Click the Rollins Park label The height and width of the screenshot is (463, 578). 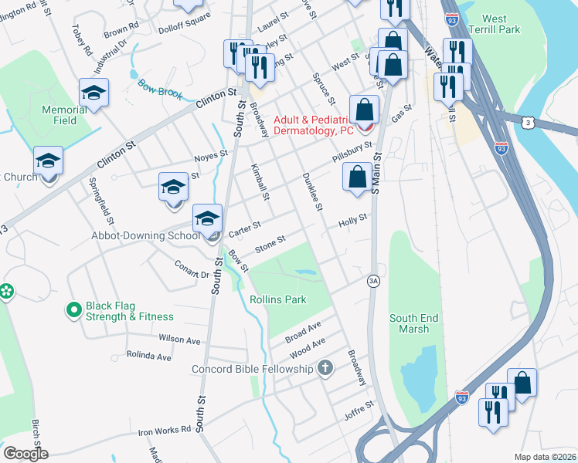[277, 299]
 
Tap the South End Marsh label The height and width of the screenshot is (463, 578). [414, 323]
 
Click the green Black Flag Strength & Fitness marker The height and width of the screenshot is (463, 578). [74, 310]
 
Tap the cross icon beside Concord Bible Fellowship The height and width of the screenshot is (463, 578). [325, 368]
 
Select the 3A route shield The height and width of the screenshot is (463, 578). [373, 282]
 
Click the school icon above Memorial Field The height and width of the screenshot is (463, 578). [93, 93]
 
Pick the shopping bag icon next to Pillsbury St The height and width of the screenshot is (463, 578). [356, 177]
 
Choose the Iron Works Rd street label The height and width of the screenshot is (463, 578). [164, 431]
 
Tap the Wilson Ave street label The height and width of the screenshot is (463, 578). [179, 339]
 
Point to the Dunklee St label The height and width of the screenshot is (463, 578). [313, 191]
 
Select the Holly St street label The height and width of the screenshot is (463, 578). [352, 222]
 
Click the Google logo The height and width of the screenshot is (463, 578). [25, 453]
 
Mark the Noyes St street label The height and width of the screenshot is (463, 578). [211, 154]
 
